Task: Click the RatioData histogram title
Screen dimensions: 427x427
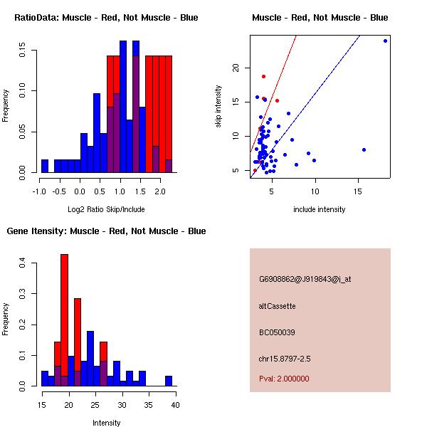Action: (x=106, y=17)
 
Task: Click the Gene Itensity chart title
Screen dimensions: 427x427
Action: (x=106, y=231)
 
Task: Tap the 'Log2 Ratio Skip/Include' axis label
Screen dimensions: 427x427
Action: (x=106, y=209)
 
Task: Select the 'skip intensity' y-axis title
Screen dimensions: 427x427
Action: (x=219, y=107)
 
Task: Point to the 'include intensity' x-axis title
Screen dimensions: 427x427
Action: (x=320, y=209)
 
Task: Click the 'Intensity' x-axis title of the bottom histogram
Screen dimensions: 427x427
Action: (x=107, y=423)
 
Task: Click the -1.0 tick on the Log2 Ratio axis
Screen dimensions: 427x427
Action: (x=41, y=191)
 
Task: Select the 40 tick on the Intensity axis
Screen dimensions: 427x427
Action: (x=175, y=405)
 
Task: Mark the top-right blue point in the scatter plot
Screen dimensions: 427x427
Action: (x=385, y=41)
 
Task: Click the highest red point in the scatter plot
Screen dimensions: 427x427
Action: (x=263, y=76)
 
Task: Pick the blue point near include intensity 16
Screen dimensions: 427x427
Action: (x=364, y=150)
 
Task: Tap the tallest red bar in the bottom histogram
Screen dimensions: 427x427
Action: (x=64, y=320)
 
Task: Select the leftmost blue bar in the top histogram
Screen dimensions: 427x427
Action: (x=45, y=166)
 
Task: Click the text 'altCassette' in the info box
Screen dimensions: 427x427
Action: (x=277, y=306)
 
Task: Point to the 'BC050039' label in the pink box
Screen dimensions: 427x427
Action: (x=277, y=332)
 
